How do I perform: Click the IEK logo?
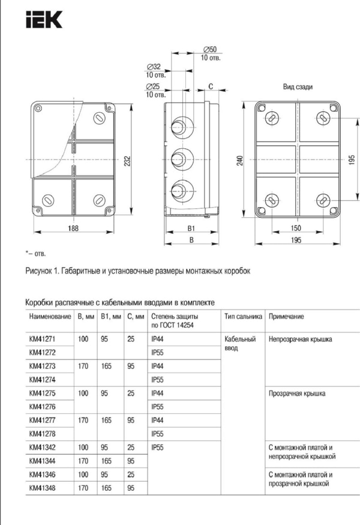[x=44, y=22]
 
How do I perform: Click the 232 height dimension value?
[x=127, y=160]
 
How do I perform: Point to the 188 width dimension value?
[x=73, y=229]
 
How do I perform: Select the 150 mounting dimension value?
[x=296, y=229]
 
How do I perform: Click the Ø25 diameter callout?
[x=154, y=87]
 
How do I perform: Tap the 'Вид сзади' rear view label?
[x=298, y=86]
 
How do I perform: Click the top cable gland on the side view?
[x=179, y=125]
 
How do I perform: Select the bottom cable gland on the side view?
[x=179, y=192]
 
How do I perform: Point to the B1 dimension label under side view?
[x=191, y=229]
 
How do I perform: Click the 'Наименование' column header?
[x=46, y=316]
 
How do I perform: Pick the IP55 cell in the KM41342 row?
[x=158, y=448]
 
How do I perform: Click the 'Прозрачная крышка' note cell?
[x=298, y=394]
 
